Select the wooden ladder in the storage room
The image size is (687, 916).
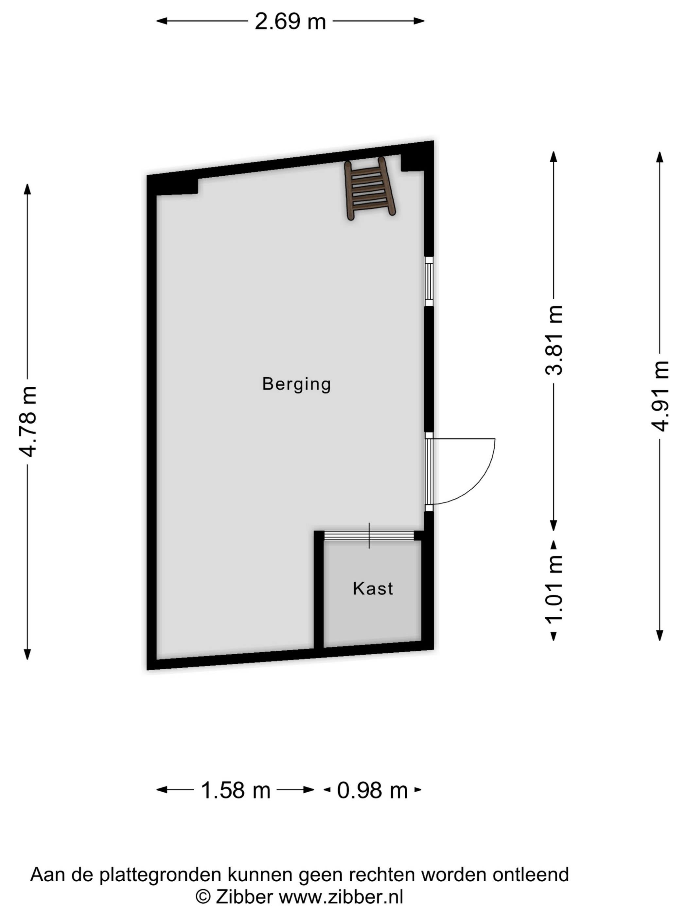click(x=370, y=188)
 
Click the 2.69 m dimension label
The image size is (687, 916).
click(x=290, y=21)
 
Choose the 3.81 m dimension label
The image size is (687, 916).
click(x=554, y=340)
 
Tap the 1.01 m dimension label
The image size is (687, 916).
click(x=554, y=589)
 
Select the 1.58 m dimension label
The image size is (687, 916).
click(x=235, y=790)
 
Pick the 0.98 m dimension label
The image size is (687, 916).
click(x=372, y=790)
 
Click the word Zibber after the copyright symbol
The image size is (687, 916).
click(x=244, y=897)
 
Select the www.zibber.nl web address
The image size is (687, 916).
click(x=341, y=897)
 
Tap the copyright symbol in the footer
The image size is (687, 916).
click(x=203, y=897)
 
